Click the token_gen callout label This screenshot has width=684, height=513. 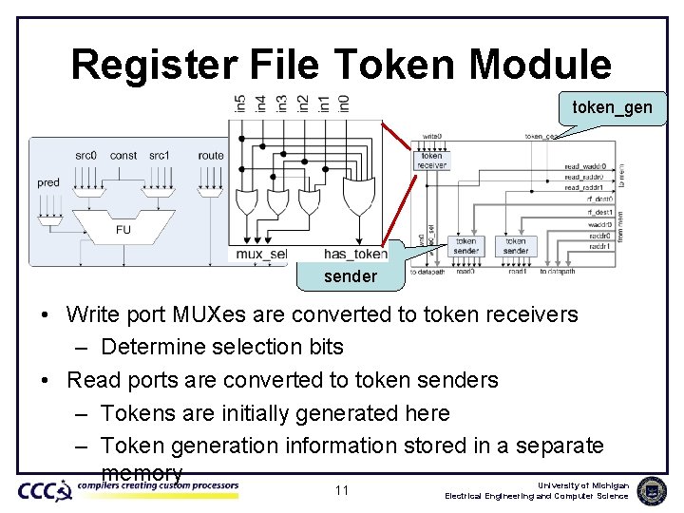point(612,107)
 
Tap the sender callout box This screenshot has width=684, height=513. point(350,276)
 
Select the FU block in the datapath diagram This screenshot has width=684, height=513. point(123,229)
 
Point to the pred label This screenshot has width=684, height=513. point(48,182)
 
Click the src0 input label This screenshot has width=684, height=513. point(86,156)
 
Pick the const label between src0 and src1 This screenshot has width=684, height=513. point(123,156)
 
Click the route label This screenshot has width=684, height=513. point(211,156)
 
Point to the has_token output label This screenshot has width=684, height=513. point(355,254)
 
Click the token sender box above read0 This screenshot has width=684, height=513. point(465,246)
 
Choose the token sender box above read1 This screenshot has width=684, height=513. point(516,246)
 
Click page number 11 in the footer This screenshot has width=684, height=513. point(342,490)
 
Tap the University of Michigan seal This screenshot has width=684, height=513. point(652,490)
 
